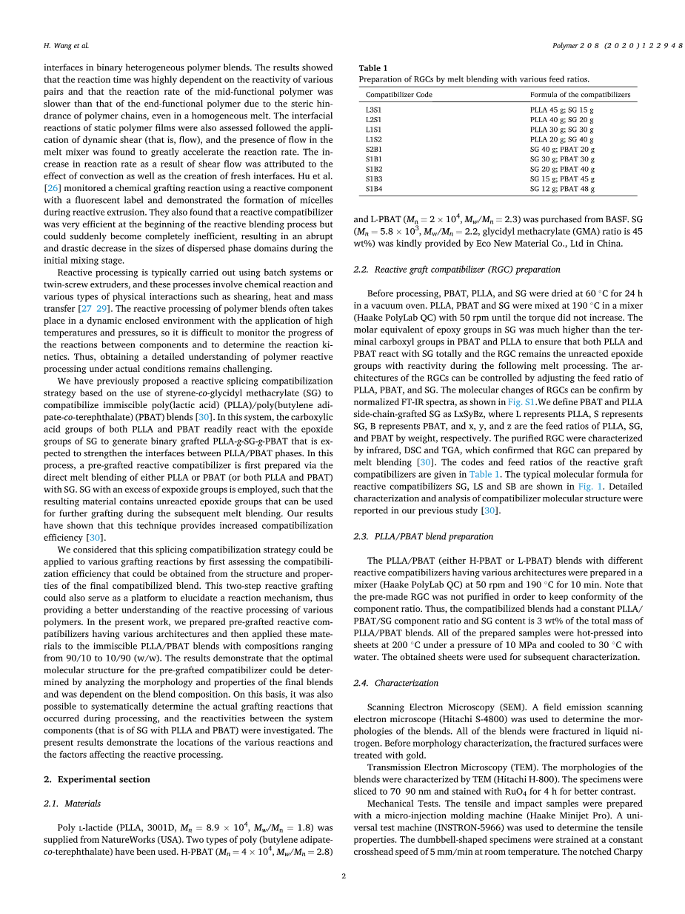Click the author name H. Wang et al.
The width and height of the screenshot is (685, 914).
(66, 46)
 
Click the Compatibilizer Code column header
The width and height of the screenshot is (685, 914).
(398, 95)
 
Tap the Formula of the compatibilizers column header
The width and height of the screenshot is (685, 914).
(580, 95)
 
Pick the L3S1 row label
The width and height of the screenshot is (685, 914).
(373, 109)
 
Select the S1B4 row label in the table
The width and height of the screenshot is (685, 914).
(373, 189)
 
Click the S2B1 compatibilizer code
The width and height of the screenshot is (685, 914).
(373, 149)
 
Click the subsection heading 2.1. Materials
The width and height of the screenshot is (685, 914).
(72, 803)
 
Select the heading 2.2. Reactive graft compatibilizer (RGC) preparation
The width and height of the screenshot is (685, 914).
(457, 269)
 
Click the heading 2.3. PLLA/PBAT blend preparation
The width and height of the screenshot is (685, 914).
(423, 536)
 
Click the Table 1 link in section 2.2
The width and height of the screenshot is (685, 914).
(485, 475)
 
